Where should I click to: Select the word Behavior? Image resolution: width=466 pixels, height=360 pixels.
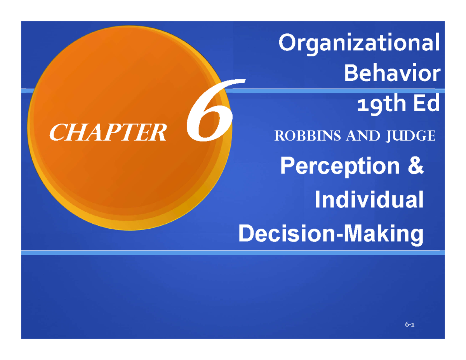point(393,74)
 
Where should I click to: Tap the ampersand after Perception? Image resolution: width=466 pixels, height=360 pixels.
point(415,167)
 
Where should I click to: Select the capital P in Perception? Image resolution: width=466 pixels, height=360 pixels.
point(286,167)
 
